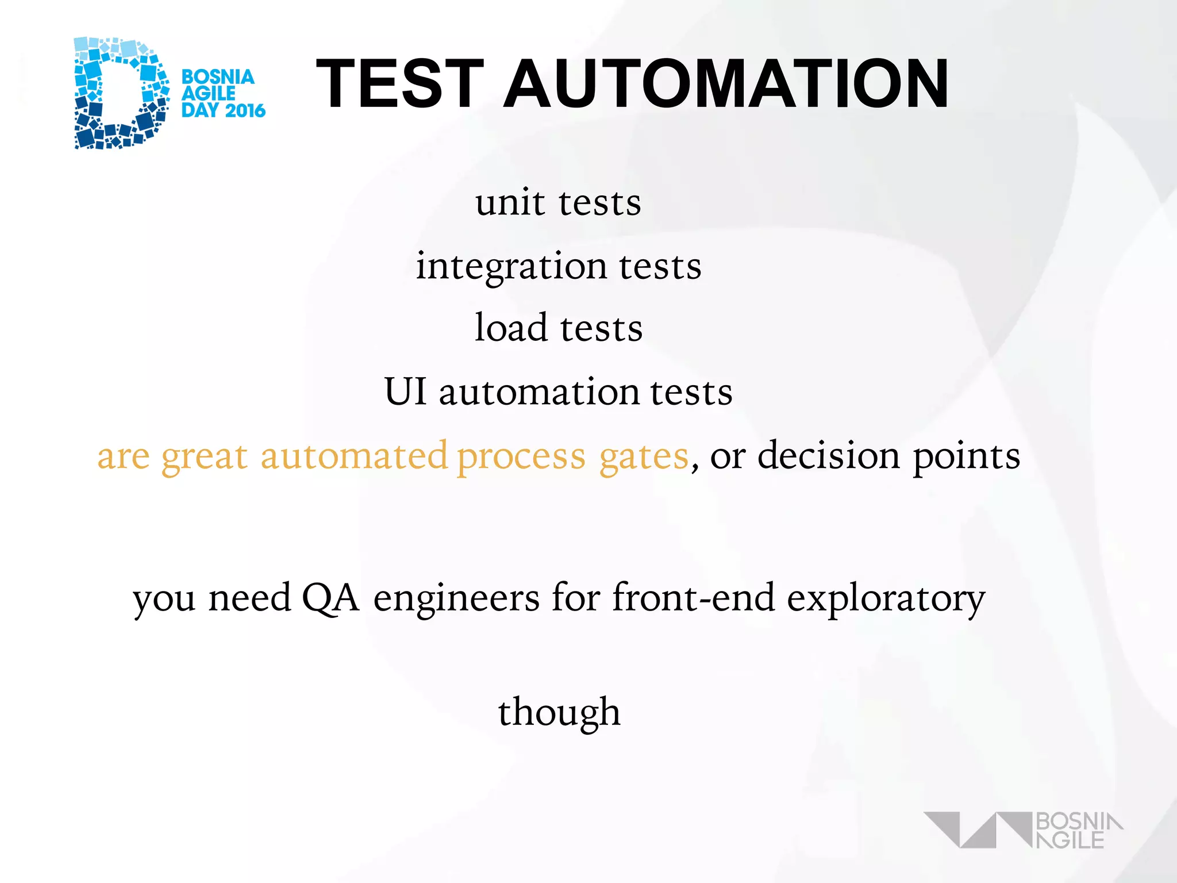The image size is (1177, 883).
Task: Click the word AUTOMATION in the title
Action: (x=726, y=84)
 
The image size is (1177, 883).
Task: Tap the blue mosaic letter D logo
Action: (x=121, y=93)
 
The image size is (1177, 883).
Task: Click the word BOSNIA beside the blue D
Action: (x=218, y=77)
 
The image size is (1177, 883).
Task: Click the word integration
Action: (x=511, y=267)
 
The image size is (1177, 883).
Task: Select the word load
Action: (x=511, y=328)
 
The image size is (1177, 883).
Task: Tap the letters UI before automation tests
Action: (x=406, y=392)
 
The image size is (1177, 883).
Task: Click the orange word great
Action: (x=205, y=458)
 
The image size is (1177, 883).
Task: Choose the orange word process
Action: (x=521, y=458)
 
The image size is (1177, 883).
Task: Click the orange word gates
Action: (x=644, y=458)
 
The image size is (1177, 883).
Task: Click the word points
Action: (x=967, y=458)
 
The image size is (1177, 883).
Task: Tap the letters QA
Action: (x=330, y=598)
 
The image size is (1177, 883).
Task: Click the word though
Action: (x=559, y=713)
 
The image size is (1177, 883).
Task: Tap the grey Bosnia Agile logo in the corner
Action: (x=1023, y=830)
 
